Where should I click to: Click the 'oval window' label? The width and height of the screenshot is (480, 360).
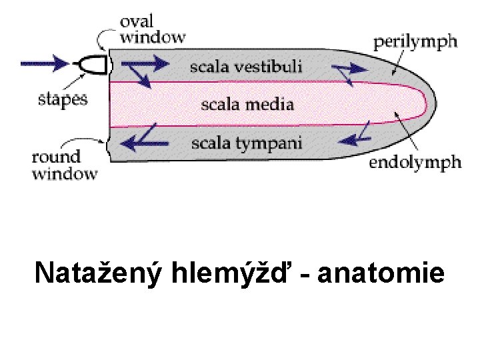point(152,29)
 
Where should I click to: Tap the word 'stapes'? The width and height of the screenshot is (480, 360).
point(62,99)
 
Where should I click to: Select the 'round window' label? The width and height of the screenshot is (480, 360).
point(65,166)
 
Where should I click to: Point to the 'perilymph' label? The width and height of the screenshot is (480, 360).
point(415,42)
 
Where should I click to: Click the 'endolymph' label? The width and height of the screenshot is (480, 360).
point(415,163)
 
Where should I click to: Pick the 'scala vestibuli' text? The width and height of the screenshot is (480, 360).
point(246,66)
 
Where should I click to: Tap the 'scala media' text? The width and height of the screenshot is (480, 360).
point(247,104)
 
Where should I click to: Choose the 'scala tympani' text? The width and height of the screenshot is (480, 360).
point(247,143)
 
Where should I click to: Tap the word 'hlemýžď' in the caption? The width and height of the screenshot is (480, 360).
point(231,273)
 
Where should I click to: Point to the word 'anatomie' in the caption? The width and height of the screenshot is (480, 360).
point(381,273)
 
